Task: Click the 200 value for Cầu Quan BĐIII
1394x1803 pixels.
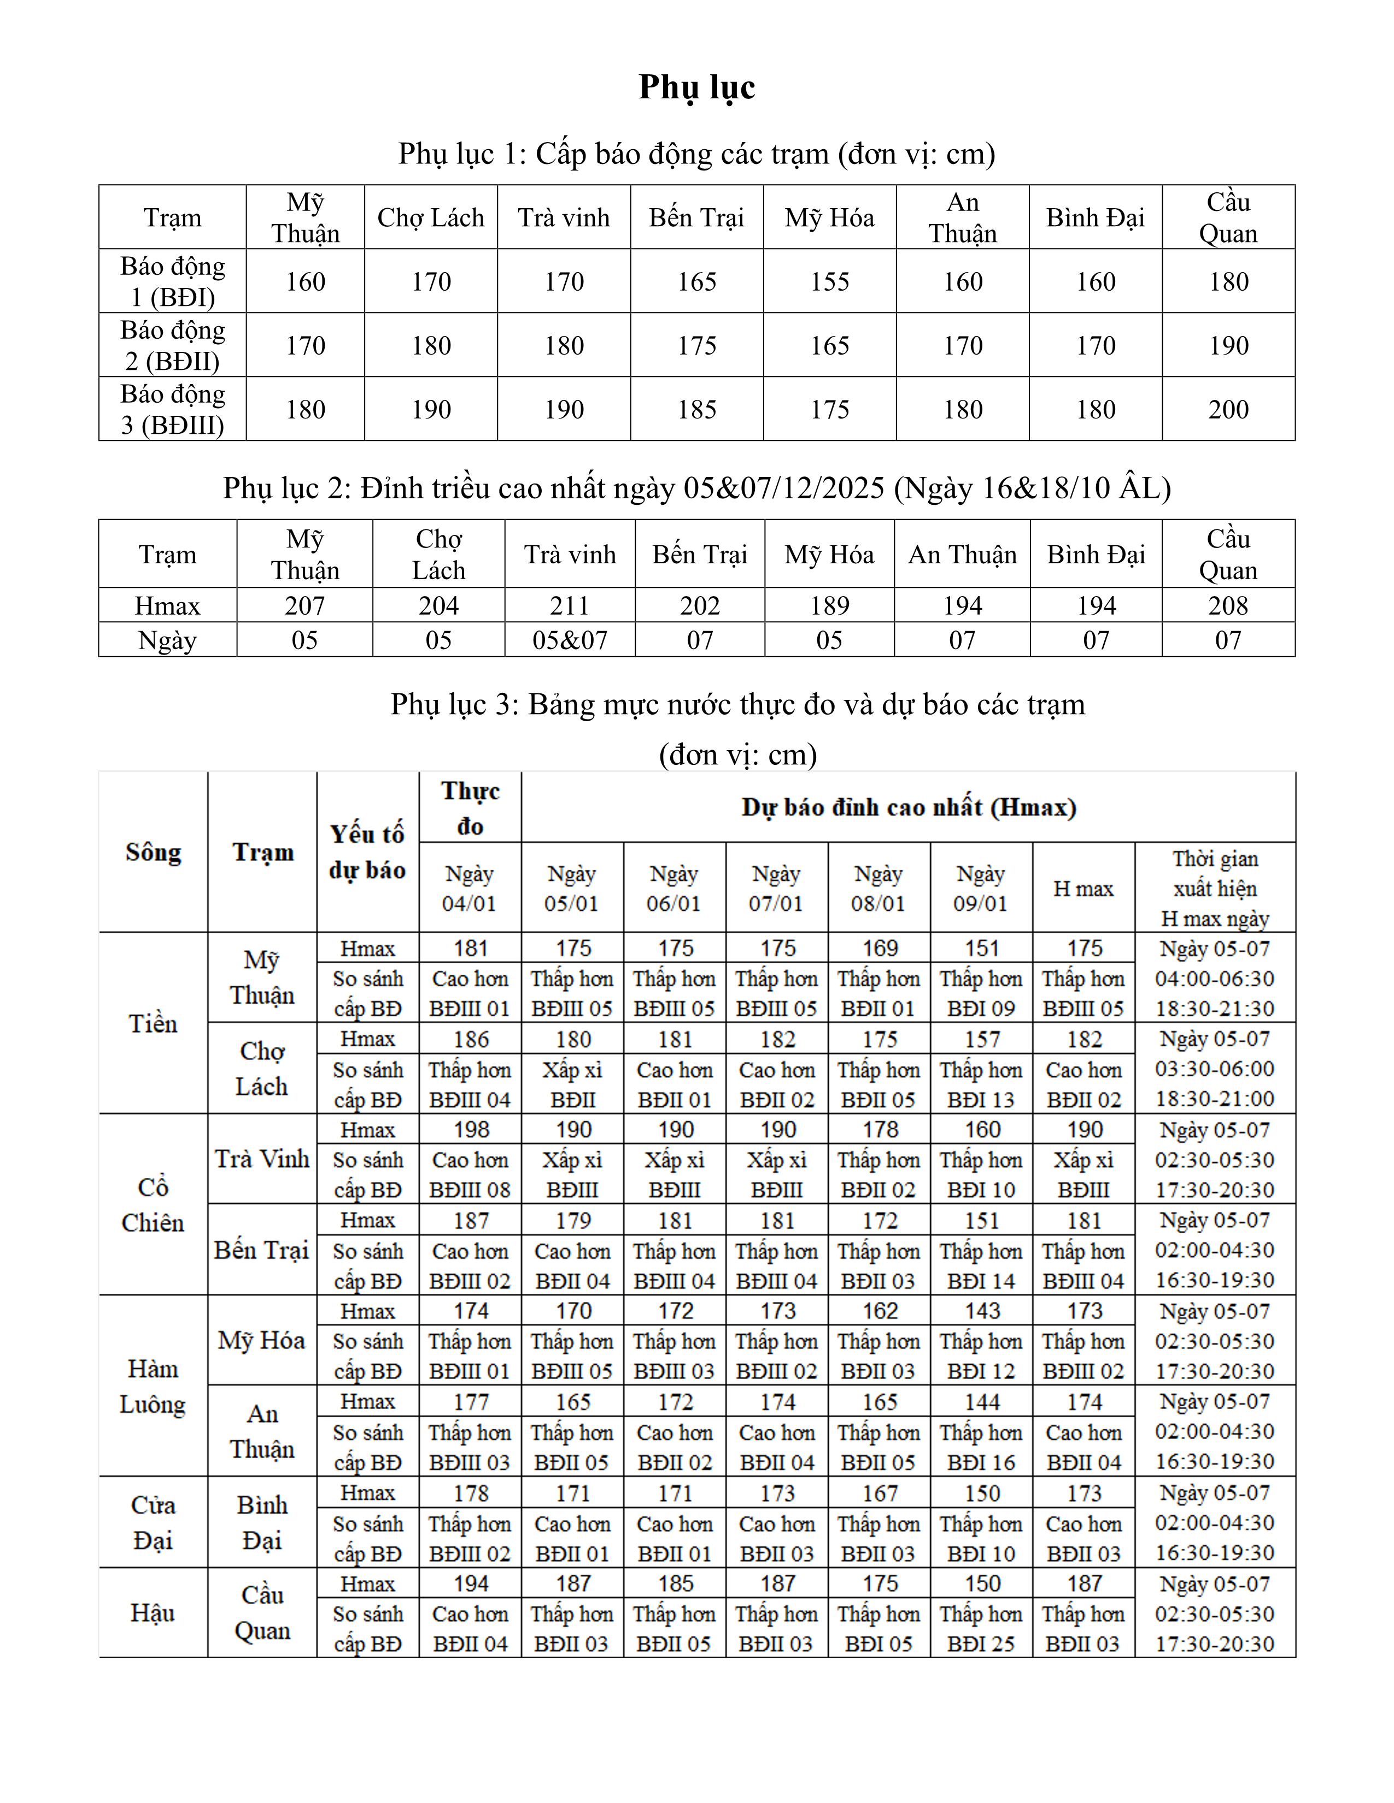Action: point(1228,409)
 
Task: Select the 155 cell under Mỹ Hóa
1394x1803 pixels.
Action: point(829,281)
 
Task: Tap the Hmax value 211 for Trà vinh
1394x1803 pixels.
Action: point(570,606)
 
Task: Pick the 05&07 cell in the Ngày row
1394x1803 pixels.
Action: point(570,641)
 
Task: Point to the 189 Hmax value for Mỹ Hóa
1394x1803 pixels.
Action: point(829,606)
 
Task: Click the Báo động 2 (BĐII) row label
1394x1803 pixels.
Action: point(173,345)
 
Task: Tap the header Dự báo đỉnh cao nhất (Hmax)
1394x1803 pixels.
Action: point(909,808)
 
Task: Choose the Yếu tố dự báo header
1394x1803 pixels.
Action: point(367,852)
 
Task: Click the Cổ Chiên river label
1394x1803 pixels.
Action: point(153,1205)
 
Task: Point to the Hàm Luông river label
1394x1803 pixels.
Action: point(153,1386)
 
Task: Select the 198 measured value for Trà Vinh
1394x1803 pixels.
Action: point(471,1129)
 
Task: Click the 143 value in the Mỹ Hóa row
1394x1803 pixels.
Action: point(982,1311)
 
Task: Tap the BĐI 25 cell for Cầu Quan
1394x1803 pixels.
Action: point(981,1645)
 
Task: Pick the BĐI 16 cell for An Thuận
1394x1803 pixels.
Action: point(981,1463)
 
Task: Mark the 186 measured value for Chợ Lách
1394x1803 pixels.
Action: point(471,1039)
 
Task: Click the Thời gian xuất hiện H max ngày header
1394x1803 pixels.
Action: point(1215,888)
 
